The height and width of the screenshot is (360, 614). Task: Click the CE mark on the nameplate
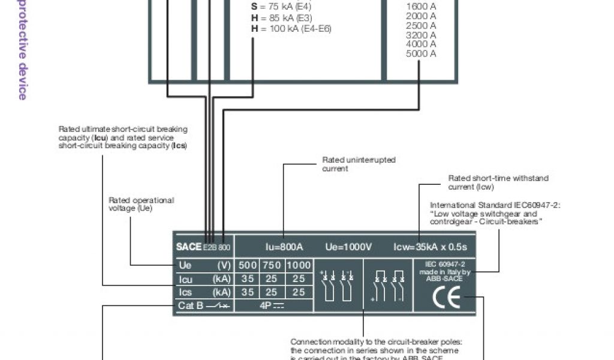click(x=446, y=298)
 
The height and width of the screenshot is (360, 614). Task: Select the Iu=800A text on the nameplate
click(x=284, y=247)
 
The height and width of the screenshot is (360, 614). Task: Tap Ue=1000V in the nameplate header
click(x=348, y=247)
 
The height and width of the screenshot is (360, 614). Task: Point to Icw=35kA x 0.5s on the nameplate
click(x=429, y=247)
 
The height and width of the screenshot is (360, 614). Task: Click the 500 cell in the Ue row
click(x=248, y=265)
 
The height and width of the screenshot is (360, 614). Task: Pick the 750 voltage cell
click(x=272, y=265)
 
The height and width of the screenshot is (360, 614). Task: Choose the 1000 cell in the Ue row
click(x=299, y=265)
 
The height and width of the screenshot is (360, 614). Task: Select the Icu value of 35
click(x=248, y=279)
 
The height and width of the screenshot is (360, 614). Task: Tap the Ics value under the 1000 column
click(x=299, y=292)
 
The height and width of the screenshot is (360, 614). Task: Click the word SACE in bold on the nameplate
click(x=188, y=247)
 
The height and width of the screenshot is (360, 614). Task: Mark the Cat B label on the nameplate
click(x=191, y=306)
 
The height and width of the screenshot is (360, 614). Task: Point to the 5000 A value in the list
click(x=421, y=53)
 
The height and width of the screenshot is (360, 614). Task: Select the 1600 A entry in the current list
click(x=421, y=7)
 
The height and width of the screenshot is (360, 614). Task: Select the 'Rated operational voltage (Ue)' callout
click(x=141, y=204)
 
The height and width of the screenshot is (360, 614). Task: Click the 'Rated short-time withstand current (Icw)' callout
click(x=498, y=182)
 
